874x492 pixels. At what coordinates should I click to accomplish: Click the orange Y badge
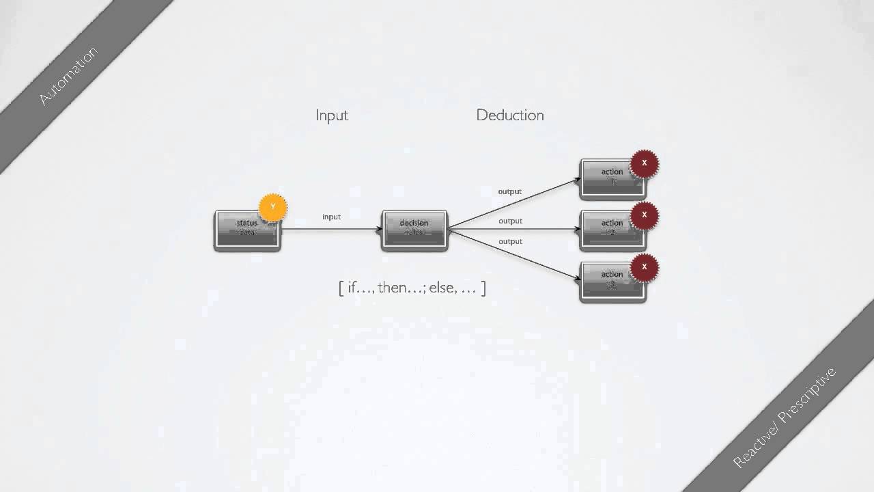coord(273,207)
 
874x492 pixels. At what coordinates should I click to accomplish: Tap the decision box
coord(414,230)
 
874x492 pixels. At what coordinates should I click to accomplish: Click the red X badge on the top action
coord(644,164)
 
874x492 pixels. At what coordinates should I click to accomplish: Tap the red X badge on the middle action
coord(644,215)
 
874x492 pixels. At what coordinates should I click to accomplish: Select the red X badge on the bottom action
coord(644,267)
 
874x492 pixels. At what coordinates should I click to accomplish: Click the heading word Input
coord(332,115)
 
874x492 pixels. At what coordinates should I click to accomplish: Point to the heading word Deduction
coord(510,115)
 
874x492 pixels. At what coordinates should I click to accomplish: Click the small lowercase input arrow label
coord(331,217)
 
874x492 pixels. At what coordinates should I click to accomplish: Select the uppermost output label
coord(510,191)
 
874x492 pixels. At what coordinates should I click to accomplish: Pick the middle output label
coord(510,221)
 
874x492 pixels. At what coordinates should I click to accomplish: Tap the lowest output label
coord(510,241)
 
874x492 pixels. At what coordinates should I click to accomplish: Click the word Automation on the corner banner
coord(68,76)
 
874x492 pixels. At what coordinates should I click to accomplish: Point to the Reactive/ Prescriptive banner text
coord(785,417)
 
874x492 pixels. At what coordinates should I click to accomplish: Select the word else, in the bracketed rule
coord(442,288)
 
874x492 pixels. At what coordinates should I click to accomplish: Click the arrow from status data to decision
coord(331,230)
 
